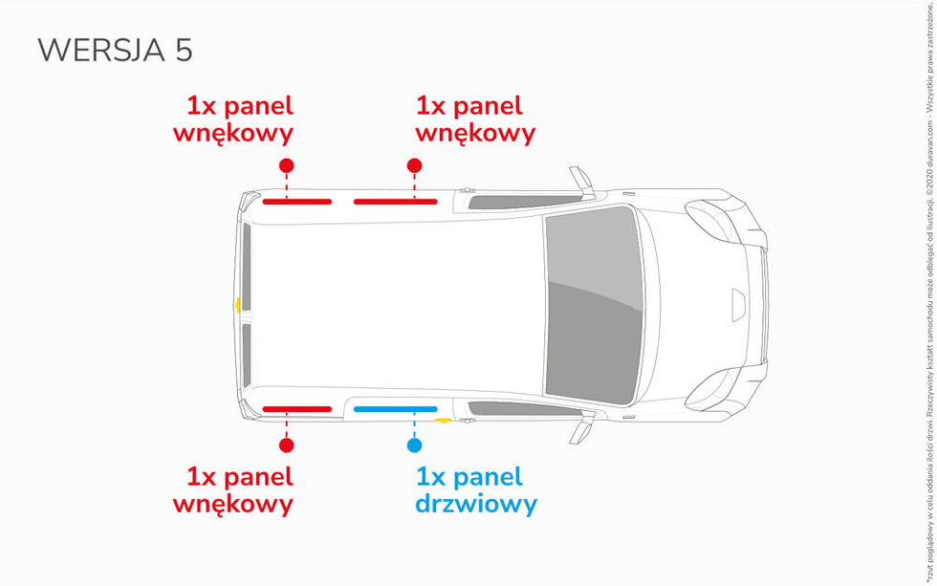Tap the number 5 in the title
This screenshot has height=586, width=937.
184,51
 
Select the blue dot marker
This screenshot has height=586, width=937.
414,445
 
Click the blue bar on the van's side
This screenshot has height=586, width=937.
395,409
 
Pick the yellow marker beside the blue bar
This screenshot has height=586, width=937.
443,419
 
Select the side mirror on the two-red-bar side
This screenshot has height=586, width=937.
580,179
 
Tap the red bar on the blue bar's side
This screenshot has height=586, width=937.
297,409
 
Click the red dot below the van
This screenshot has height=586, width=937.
286,445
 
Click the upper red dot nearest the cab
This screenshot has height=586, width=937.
414,165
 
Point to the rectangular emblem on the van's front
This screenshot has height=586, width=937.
766,331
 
